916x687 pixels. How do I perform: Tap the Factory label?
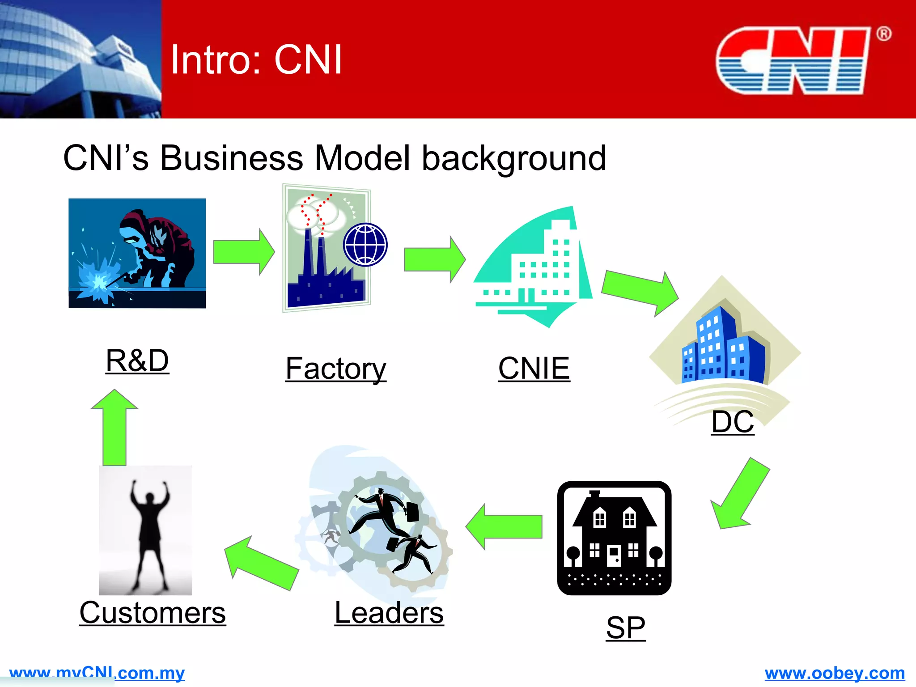pyautogui.click(x=336, y=369)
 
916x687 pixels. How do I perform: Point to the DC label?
pyautogui.click(x=733, y=422)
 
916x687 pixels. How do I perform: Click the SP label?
pyautogui.click(x=626, y=628)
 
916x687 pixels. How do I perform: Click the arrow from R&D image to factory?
pyautogui.click(x=243, y=252)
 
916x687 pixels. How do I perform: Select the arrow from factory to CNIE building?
pyautogui.click(x=434, y=259)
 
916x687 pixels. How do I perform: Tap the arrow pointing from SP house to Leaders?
pyautogui.click(x=505, y=526)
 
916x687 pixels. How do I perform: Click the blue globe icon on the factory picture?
pyautogui.click(x=365, y=245)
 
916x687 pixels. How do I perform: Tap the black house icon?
pyautogui.click(x=614, y=538)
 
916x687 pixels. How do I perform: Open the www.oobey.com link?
pyautogui.click(x=835, y=673)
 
